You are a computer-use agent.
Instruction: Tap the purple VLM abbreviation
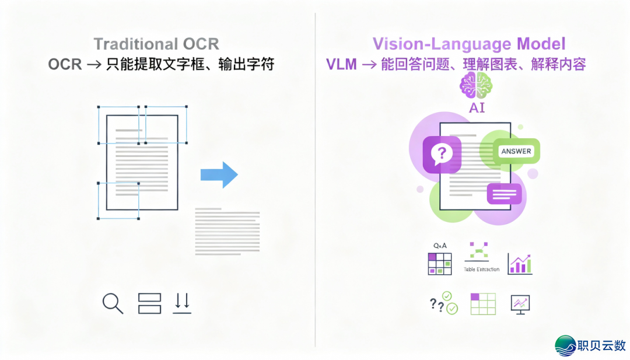pyautogui.click(x=341, y=64)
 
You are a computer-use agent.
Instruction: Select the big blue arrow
pyautogui.click(x=219, y=174)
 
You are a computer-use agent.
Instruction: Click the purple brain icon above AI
pyautogui.click(x=476, y=87)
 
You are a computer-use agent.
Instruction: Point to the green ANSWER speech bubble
pyautogui.click(x=516, y=151)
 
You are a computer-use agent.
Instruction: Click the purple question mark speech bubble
pyautogui.click(x=442, y=154)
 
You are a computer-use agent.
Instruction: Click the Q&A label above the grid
pyautogui.click(x=439, y=247)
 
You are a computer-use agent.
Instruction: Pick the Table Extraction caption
pyautogui.click(x=481, y=269)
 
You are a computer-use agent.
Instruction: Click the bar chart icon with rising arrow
pyautogui.click(x=519, y=264)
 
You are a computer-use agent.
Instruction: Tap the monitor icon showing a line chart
pyautogui.click(x=520, y=304)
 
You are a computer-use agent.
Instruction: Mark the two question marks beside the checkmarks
pyautogui.click(x=436, y=304)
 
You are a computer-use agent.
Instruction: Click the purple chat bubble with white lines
pyautogui.click(x=503, y=193)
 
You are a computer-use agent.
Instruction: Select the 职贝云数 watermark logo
pyautogui.click(x=590, y=345)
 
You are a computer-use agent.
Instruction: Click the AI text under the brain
pyautogui.click(x=477, y=108)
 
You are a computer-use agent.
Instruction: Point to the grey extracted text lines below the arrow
pyautogui.click(x=227, y=230)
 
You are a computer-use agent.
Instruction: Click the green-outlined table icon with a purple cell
pyautogui.click(x=482, y=304)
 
